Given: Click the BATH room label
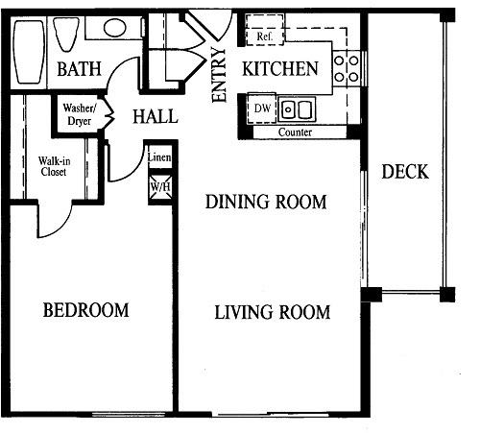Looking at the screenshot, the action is pos(79,69).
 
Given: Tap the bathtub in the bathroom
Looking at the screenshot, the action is pos(28,52).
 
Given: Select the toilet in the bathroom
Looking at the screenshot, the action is pos(66,35).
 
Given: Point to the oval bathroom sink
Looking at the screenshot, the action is pos(114,28).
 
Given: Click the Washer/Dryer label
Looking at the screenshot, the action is pos(79,114).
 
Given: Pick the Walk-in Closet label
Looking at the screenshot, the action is pos(54,166).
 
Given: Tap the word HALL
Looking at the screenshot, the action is pos(156,116).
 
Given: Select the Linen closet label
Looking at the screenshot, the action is pos(159,157).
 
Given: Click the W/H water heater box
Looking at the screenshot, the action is pos(160,186).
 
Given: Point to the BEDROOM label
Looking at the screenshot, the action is pos(85,310).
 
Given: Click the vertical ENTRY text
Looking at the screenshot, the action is pos(219,75).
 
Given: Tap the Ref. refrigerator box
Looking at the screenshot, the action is pos(265,30).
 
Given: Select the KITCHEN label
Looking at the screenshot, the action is pos(280,69).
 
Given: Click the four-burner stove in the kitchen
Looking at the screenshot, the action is pos(347,69).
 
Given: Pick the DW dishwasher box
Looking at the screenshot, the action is pos(262,108).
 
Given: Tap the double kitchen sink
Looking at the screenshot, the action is pos(297,109).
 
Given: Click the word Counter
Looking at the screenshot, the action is pos(295,132).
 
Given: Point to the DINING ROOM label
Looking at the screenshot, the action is pos(266,202).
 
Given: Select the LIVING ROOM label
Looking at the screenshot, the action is pos(272,312).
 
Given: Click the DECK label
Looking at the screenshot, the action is pos(405,172).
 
